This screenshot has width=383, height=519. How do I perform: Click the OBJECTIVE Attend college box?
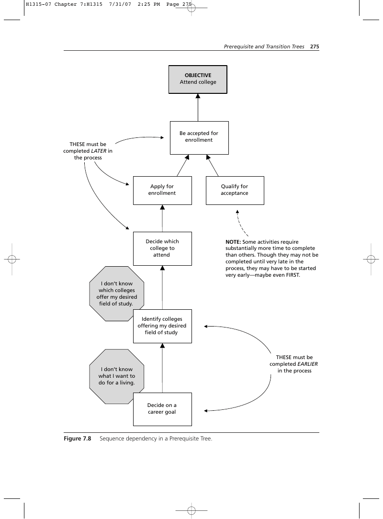[x=198, y=79]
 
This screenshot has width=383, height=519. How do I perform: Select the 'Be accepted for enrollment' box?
[x=199, y=138]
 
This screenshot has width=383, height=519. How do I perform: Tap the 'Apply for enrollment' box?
[x=162, y=191]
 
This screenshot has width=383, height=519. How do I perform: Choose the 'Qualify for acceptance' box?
[x=235, y=191]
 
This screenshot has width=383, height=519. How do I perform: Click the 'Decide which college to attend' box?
[x=162, y=248]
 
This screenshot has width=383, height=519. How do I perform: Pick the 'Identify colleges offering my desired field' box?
[x=162, y=326]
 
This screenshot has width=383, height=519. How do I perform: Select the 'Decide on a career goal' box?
[x=162, y=409]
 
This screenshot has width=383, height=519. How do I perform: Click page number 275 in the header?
[x=315, y=46]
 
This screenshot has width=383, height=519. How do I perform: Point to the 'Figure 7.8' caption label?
[x=78, y=439]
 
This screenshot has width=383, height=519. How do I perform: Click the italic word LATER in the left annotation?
[x=99, y=151]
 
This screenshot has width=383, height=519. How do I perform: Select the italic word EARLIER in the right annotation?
[x=307, y=364]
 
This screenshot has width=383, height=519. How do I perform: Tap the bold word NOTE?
[x=233, y=242]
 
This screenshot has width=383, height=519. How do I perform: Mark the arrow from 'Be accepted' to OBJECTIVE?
[x=198, y=108]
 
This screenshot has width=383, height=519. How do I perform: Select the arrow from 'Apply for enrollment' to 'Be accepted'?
[x=183, y=165]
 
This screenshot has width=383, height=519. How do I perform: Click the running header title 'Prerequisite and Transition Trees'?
[x=264, y=46]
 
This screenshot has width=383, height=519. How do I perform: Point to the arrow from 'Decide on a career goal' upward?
[x=162, y=368]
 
